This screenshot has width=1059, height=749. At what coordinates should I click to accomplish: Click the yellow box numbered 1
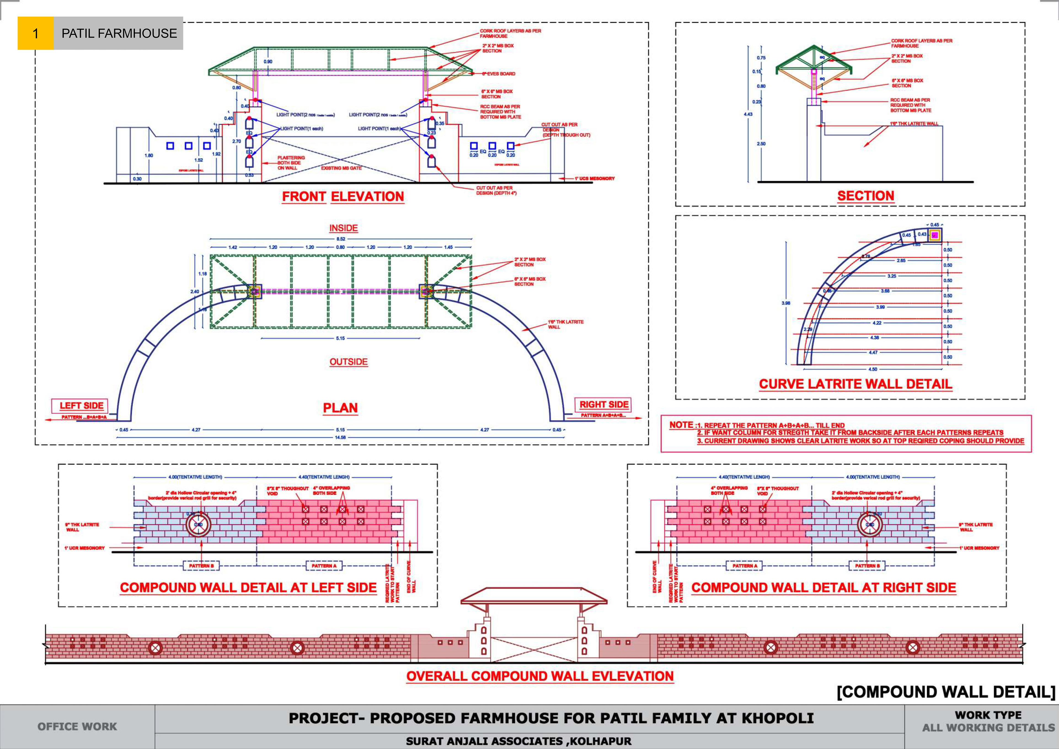(36, 33)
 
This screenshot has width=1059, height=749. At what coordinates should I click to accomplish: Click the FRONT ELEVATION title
(343, 197)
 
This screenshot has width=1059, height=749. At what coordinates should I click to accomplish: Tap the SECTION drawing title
(865, 196)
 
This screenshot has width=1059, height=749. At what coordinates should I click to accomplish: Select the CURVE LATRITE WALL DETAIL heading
(855, 384)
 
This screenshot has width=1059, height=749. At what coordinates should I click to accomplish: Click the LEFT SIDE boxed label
(81, 406)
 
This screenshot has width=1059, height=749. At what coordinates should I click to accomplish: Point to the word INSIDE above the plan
(343, 228)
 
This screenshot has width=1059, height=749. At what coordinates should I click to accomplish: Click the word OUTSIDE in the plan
(348, 362)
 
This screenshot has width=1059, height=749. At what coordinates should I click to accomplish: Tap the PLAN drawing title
(340, 408)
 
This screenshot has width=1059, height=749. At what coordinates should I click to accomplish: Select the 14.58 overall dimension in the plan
(340, 437)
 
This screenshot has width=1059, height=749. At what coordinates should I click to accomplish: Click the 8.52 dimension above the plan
(340, 239)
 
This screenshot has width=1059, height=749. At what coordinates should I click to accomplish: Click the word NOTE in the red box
(681, 425)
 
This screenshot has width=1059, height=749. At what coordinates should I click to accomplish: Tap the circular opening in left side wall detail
(198, 525)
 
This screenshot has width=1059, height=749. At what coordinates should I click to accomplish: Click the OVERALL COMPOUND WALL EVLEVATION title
(540, 676)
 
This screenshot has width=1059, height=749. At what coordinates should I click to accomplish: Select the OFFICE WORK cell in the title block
(77, 726)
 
